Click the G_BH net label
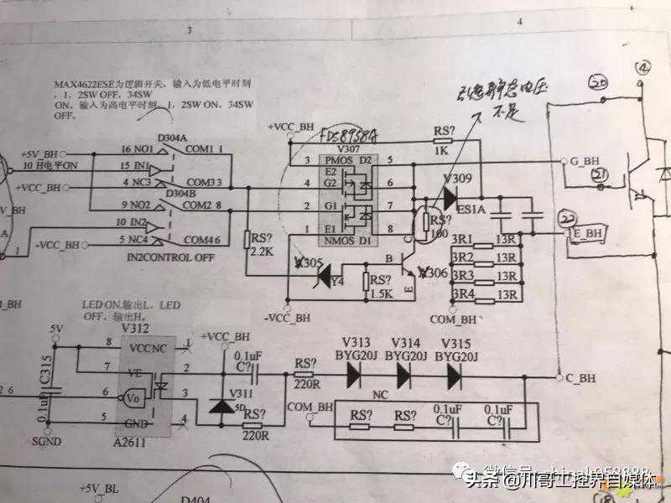point(583,159)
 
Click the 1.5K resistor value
point(382,294)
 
